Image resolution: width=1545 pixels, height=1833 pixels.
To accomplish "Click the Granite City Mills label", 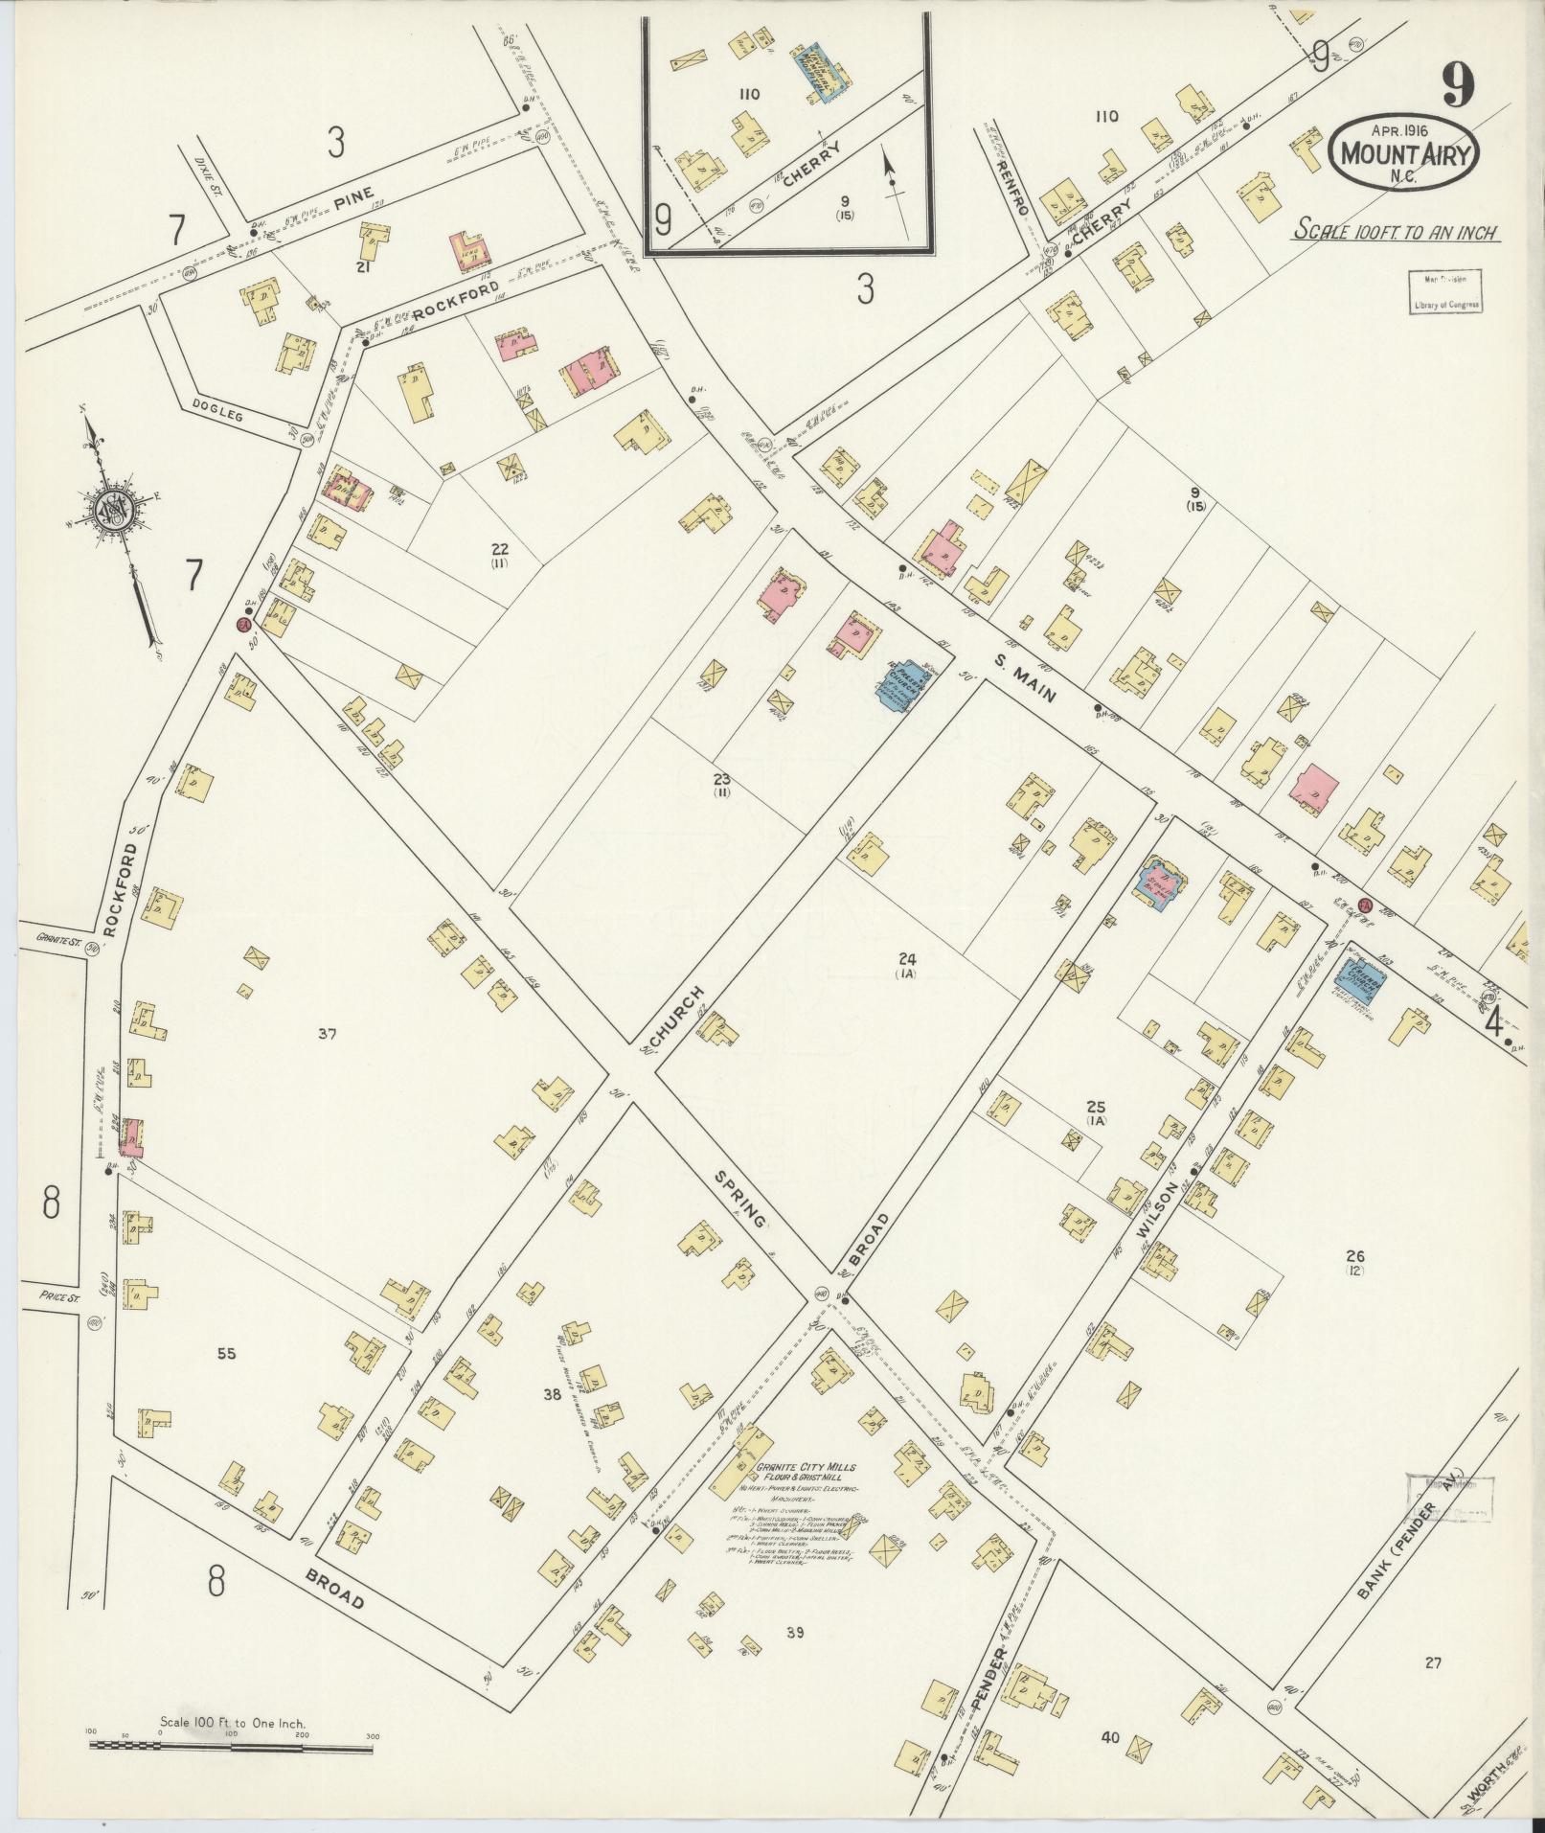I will (x=806, y=1495).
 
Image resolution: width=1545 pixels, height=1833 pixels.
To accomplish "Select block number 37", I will (x=328, y=1033).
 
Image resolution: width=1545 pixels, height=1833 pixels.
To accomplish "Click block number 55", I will (x=226, y=1354).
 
